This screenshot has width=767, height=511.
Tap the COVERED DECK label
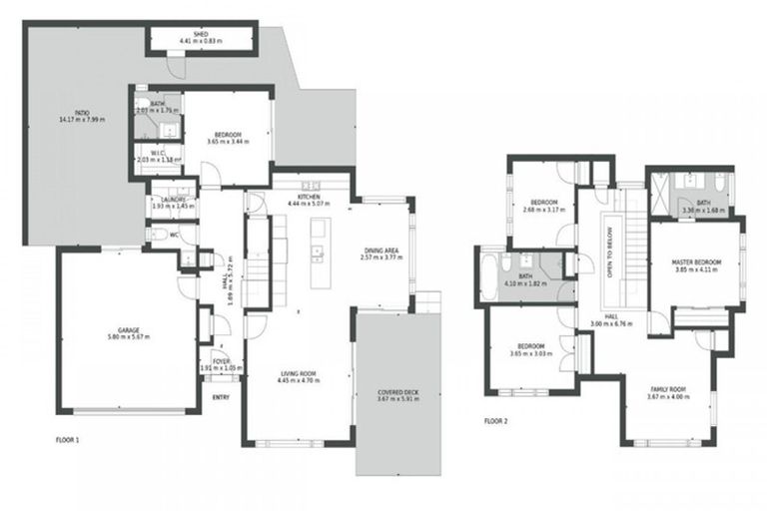397,391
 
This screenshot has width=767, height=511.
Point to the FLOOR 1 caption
69,438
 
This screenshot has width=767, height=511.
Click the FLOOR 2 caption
496,422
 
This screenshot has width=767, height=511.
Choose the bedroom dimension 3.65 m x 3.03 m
528,353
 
